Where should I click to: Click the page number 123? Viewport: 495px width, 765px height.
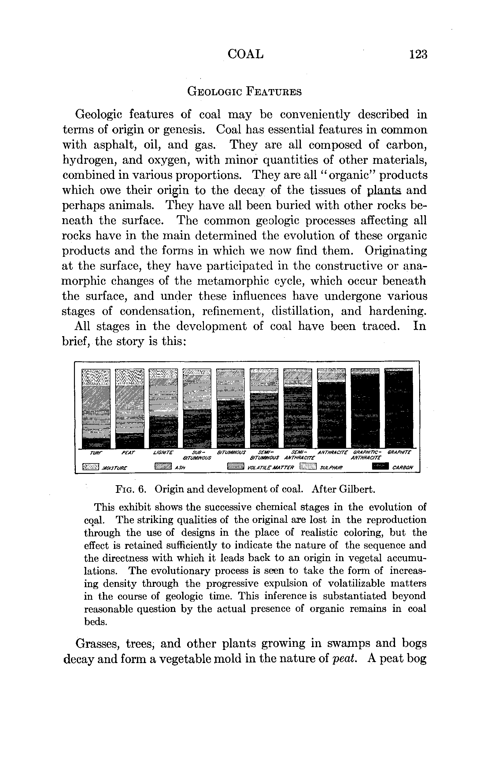[x=418, y=54]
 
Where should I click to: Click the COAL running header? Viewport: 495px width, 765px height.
[x=246, y=54]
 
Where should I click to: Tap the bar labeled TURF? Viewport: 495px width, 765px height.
[x=96, y=408]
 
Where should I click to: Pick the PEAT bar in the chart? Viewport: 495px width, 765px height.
[x=130, y=408]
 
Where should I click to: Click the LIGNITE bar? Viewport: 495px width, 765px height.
[x=163, y=408]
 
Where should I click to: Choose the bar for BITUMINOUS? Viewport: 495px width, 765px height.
[x=230, y=408]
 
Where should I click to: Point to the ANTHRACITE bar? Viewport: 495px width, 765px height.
[x=331, y=408]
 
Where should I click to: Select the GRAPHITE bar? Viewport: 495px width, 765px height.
[x=398, y=408]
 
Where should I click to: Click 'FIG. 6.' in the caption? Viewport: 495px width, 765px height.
[x=131, y=489]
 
